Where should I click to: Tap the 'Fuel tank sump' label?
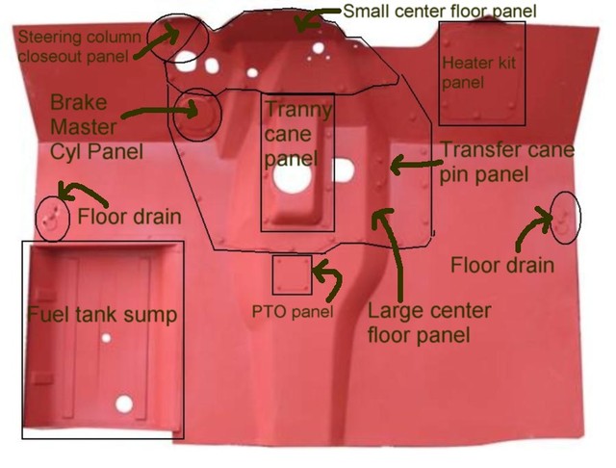pos(102,315)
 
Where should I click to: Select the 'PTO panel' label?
pos(292,312)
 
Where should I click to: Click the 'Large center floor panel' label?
pos(429,323)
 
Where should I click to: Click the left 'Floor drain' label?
pos(129,217)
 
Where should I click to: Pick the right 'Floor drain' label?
pos(502,265)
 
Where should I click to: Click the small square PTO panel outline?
pos(292,275)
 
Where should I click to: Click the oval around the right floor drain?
pos(566,218)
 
